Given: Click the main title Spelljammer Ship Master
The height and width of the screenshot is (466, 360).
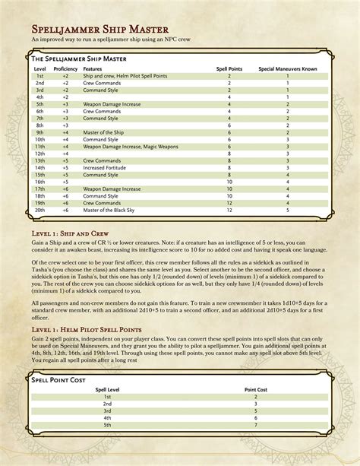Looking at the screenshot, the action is (x=99, y=28).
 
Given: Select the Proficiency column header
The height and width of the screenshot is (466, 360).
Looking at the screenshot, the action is (x=65, y=69).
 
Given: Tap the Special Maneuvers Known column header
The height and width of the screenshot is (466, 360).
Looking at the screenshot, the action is (x=287, y=69).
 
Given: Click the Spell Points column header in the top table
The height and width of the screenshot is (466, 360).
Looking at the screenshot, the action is (x=229, y=69).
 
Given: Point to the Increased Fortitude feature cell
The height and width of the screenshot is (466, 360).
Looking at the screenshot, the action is (x=106, y=168).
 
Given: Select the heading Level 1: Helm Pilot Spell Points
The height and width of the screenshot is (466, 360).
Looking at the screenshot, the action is (x=91, y=327).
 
